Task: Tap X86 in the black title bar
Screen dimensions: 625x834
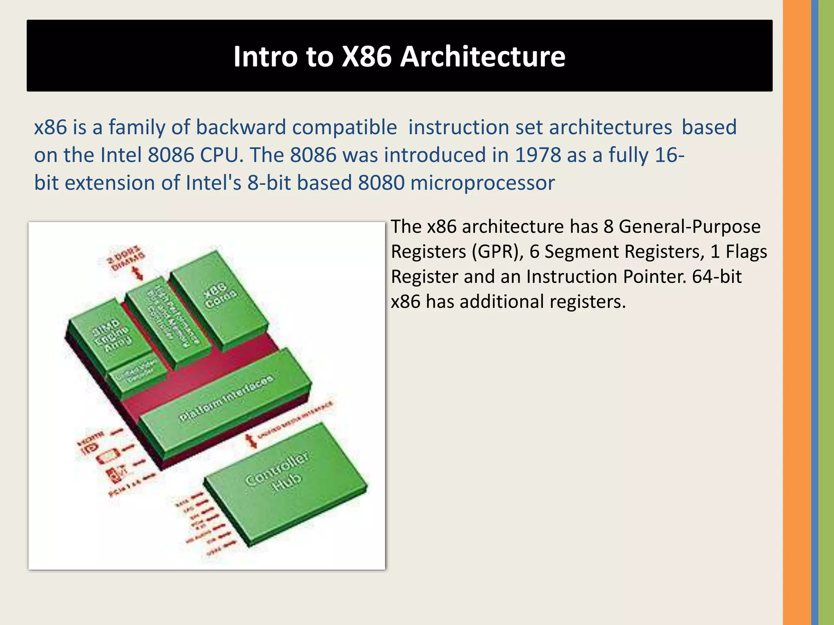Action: (x=366, y=56)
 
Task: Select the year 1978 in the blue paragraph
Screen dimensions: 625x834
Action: (x=538, y=155)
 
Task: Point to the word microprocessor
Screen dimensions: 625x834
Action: (x=483, y=183)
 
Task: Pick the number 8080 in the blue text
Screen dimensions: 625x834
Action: (x=381, y=183)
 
